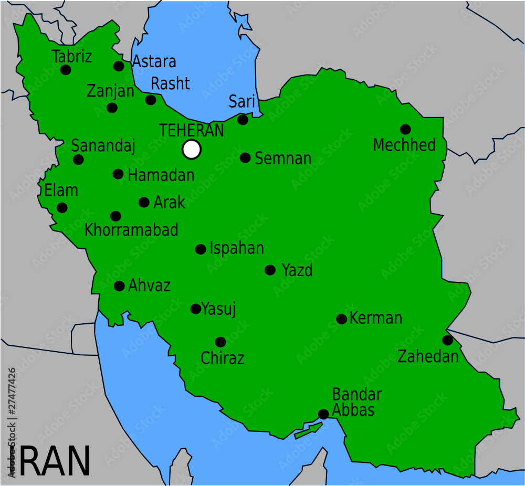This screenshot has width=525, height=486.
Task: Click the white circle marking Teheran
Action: (x=192, y=149)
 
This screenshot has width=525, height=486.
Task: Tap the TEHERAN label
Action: (x=192, y=131)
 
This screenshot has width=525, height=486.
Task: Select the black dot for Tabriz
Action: (x=66, y=70)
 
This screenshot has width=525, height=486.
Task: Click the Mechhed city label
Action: (x=404, y=145)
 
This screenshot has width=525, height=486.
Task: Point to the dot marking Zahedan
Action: (x=447, y=340)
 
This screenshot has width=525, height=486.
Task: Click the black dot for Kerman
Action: (x=341, y=319)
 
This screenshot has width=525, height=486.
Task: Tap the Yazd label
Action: (x=297, y=270)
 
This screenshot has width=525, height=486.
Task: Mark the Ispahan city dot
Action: (x=201, y=249)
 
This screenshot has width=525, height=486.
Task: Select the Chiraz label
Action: (x=223, y=358)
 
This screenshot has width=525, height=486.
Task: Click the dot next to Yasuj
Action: (x=195, y=309)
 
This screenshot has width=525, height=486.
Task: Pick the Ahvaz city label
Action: (x=150, y=286)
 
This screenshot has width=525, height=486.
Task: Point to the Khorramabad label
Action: (x=131, y=230)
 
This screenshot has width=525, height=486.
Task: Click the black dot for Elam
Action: (x=62, y=207)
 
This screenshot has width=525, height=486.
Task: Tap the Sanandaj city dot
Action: (x=78, y=160)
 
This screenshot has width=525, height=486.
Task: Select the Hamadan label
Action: (x=161, y=175)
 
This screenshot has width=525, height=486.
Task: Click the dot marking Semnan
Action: (x=245, y=157)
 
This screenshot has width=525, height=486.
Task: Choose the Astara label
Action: (x=154, y=61)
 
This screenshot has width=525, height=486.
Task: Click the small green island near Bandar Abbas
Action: (x=308, y=431)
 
